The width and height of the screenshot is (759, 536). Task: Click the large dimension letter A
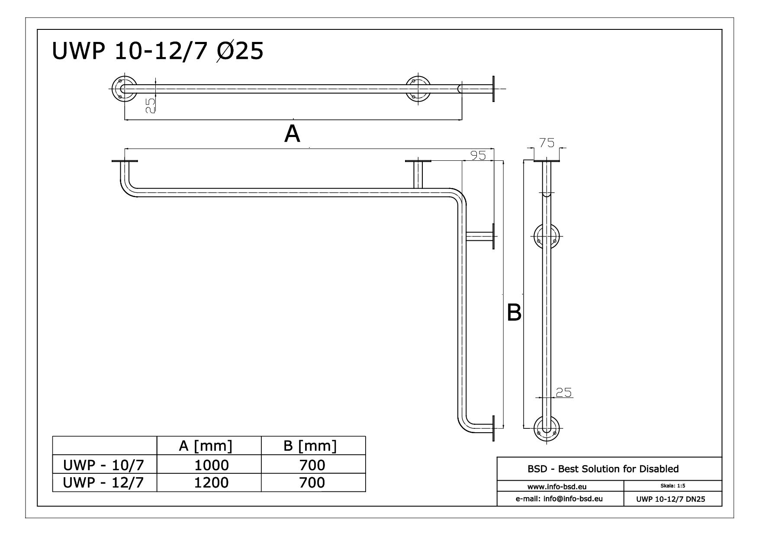[292, 134]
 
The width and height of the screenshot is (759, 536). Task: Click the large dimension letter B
[514, 312]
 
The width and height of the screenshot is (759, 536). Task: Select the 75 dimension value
[547, 143]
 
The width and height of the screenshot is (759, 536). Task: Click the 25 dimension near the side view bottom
[563, 392]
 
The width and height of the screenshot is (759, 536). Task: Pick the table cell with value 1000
[211, 465]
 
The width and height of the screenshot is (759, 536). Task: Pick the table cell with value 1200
[211, 482]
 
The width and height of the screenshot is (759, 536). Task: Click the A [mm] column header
[206, 446]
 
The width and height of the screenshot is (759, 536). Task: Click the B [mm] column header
[310, 446]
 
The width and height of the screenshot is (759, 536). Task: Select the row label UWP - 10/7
[103, 465]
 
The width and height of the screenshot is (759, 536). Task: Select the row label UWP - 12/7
[103, 482]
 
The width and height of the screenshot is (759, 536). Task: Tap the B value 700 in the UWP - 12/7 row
[312, 482]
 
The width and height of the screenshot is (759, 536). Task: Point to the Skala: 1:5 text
[673, 486]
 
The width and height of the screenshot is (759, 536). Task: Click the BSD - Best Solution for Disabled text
[603, 469]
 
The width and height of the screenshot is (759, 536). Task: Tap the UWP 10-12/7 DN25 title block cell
[670, 499]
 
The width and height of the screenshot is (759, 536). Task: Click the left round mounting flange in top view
[124, 89]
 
